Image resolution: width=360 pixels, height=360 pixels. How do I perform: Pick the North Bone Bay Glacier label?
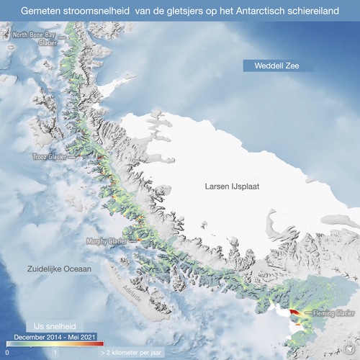pyautogui.click(x=30, y=38)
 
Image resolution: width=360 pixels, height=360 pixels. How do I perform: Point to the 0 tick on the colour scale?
pyautogui.click(x=7, y=354)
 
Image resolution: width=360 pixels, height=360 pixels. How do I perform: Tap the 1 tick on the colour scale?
pyautogui.click(x=55, y=354)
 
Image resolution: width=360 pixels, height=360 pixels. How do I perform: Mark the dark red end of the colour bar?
pyautogui.click(x=101, y=344)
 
